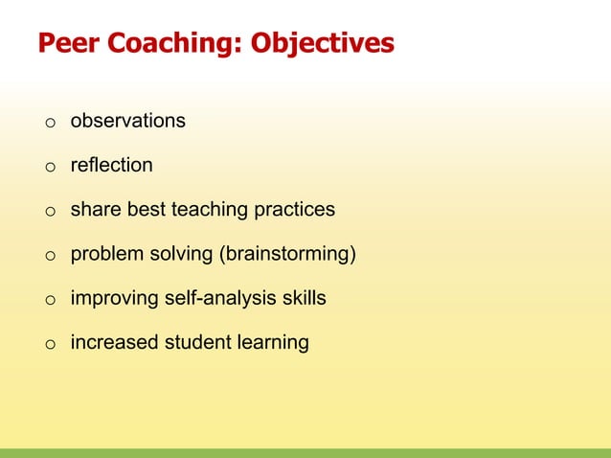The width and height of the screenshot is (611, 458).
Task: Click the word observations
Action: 127,121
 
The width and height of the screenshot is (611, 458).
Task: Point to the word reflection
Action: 111,165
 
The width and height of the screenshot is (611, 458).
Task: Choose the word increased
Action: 109,342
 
